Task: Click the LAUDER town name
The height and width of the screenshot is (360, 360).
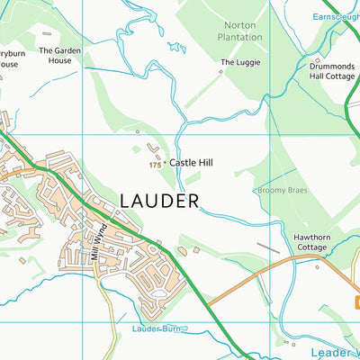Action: coord(158,200)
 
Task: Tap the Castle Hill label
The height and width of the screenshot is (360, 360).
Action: coord(197,164)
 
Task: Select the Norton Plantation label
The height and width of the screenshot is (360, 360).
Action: coord(240,31)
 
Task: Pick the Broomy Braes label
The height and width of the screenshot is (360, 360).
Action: coord(283,191)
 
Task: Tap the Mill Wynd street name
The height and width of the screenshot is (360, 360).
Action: coord(99,241)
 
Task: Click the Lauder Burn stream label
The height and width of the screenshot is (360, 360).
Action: coord(157,329)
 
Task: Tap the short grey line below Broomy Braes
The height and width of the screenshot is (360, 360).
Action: coord(267,245)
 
